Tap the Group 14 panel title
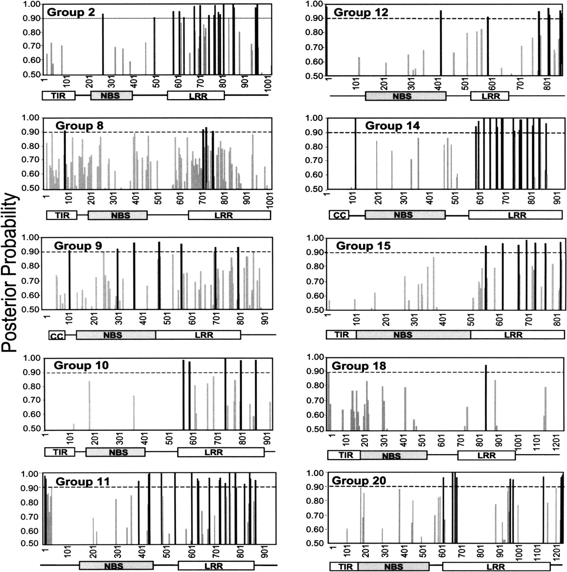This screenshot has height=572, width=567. (392, 126)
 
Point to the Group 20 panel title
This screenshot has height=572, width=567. (359, 481)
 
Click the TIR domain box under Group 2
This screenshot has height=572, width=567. (59, 96)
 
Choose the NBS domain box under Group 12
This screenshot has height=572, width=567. (406, 96)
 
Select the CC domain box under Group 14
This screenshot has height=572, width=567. (339, 215)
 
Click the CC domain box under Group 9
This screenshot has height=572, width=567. (56, 335)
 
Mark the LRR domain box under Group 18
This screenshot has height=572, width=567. (486, 456)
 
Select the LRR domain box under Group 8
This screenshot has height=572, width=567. (228, 215)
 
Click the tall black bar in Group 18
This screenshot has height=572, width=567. (486, 397)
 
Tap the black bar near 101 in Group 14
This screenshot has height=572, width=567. (356, 153)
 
